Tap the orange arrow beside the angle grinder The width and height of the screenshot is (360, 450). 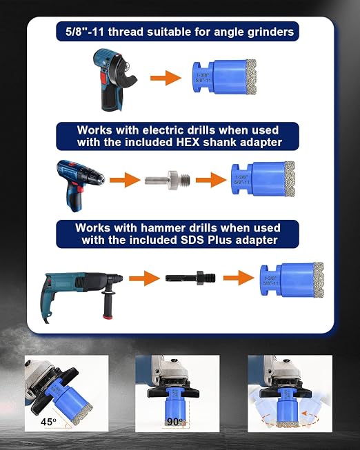[x=166, y=78]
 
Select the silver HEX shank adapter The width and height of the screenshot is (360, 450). [x=168, y=181]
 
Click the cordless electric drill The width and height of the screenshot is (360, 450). [x=80, y=184]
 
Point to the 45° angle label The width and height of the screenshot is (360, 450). [x=48, y=422]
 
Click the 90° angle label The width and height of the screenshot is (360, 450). [x=174, y=422]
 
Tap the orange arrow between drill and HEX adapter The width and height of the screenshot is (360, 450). [x=125, y=180]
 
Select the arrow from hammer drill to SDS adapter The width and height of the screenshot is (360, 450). [x=144, y=278]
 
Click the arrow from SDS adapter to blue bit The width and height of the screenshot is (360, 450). [x=239, y=278]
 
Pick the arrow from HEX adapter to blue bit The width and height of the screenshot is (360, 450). [x=211, y=180]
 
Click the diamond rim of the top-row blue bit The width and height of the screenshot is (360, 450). [x=251, y=76]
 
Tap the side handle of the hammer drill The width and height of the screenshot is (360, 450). [x=108, y=304]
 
